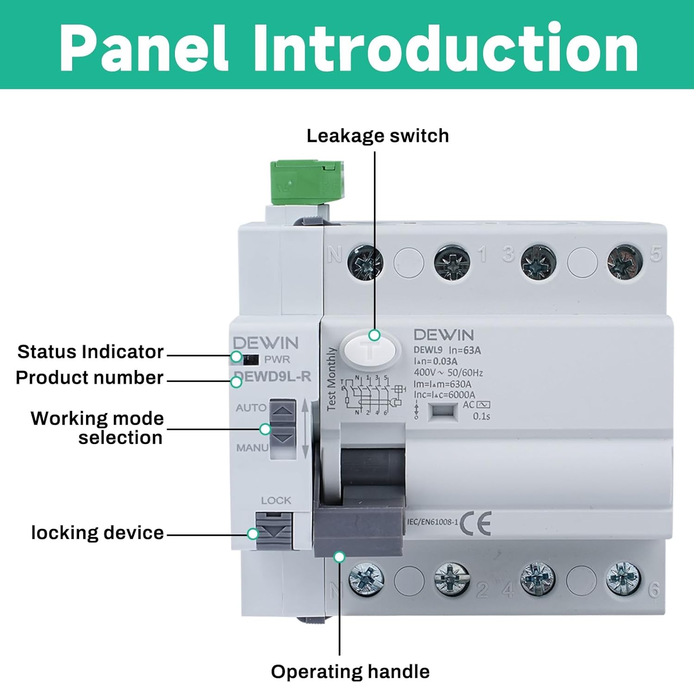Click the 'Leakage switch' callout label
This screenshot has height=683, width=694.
click(378, 136)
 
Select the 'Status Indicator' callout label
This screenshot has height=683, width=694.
click(90, 352)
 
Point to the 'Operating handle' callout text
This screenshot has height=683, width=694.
click(350, 671)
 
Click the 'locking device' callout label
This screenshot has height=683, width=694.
click(97, 533)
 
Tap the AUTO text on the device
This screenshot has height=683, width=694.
click(251, 408)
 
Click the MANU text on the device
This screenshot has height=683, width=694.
click(252, 448)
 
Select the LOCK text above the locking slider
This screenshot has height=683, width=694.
click(276, 501)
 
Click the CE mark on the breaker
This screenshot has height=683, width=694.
click(475, 523)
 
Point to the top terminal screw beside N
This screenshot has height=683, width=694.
click(365, 263)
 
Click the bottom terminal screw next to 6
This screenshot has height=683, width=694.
click(623, 579)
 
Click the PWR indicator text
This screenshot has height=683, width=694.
click(277, 359)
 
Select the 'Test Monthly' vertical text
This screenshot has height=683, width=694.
click(331, 379)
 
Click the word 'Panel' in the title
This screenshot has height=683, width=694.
click(144, 48)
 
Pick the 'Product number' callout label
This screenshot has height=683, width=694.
click(90, 378)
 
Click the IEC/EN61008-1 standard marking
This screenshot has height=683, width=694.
click(433, 522)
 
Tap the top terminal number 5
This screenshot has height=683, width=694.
click(656, 254)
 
